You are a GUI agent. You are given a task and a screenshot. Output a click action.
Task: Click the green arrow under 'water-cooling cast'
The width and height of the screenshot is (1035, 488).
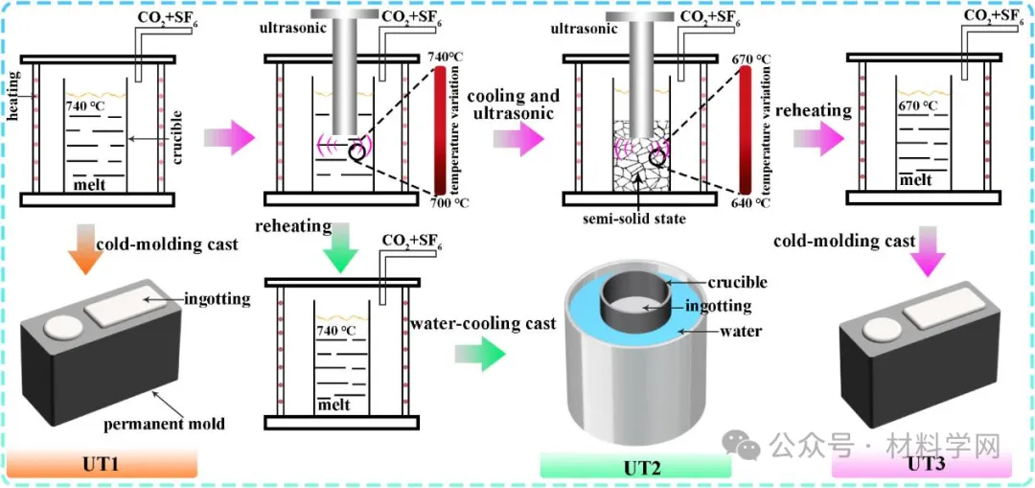click(x=479, y=354)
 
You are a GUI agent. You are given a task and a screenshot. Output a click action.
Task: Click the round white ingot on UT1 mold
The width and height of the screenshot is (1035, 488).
click(x=61, y=326)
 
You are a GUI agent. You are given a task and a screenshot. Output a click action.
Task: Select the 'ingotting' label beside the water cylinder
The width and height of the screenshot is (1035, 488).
click(x=720, y=307)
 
